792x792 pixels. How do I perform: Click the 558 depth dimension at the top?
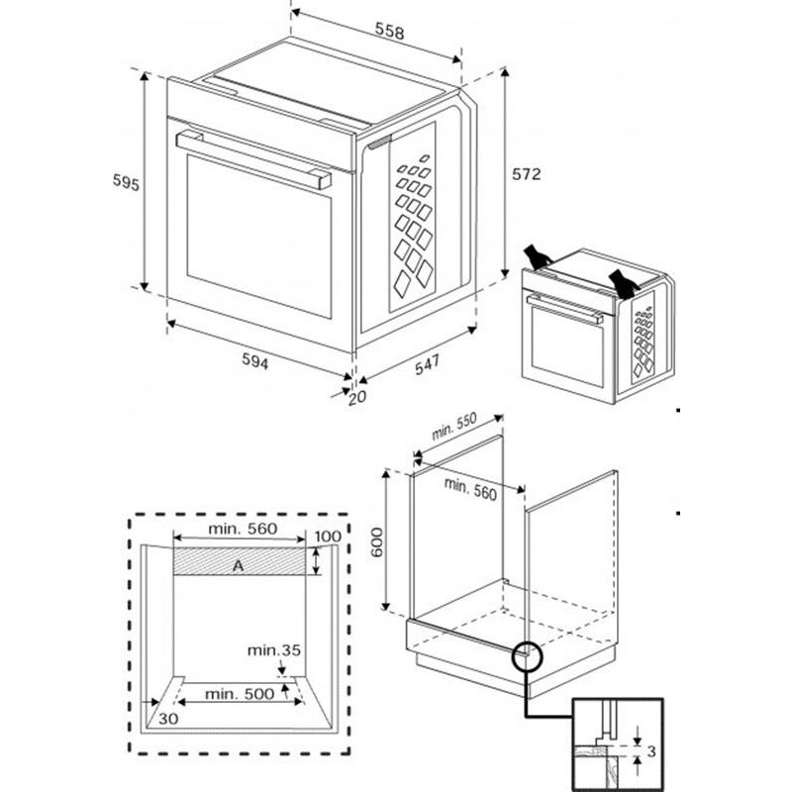point(388,32)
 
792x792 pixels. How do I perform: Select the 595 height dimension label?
point(125,182)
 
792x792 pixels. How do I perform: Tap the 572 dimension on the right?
point(526,174)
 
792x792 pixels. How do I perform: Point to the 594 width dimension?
point(255,362)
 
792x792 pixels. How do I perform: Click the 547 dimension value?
point(427,364)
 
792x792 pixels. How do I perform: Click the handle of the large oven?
point(253,158)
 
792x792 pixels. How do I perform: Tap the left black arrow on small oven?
point(538,256)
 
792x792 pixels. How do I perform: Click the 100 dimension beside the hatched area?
point(328,537)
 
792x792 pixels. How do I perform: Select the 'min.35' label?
point(273,650)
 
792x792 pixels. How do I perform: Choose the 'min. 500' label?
point(239,694)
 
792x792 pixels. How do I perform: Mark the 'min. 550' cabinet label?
point(454,426)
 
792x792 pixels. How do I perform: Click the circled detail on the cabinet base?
point(527,655)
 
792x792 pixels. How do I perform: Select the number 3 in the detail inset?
point(650,751)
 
